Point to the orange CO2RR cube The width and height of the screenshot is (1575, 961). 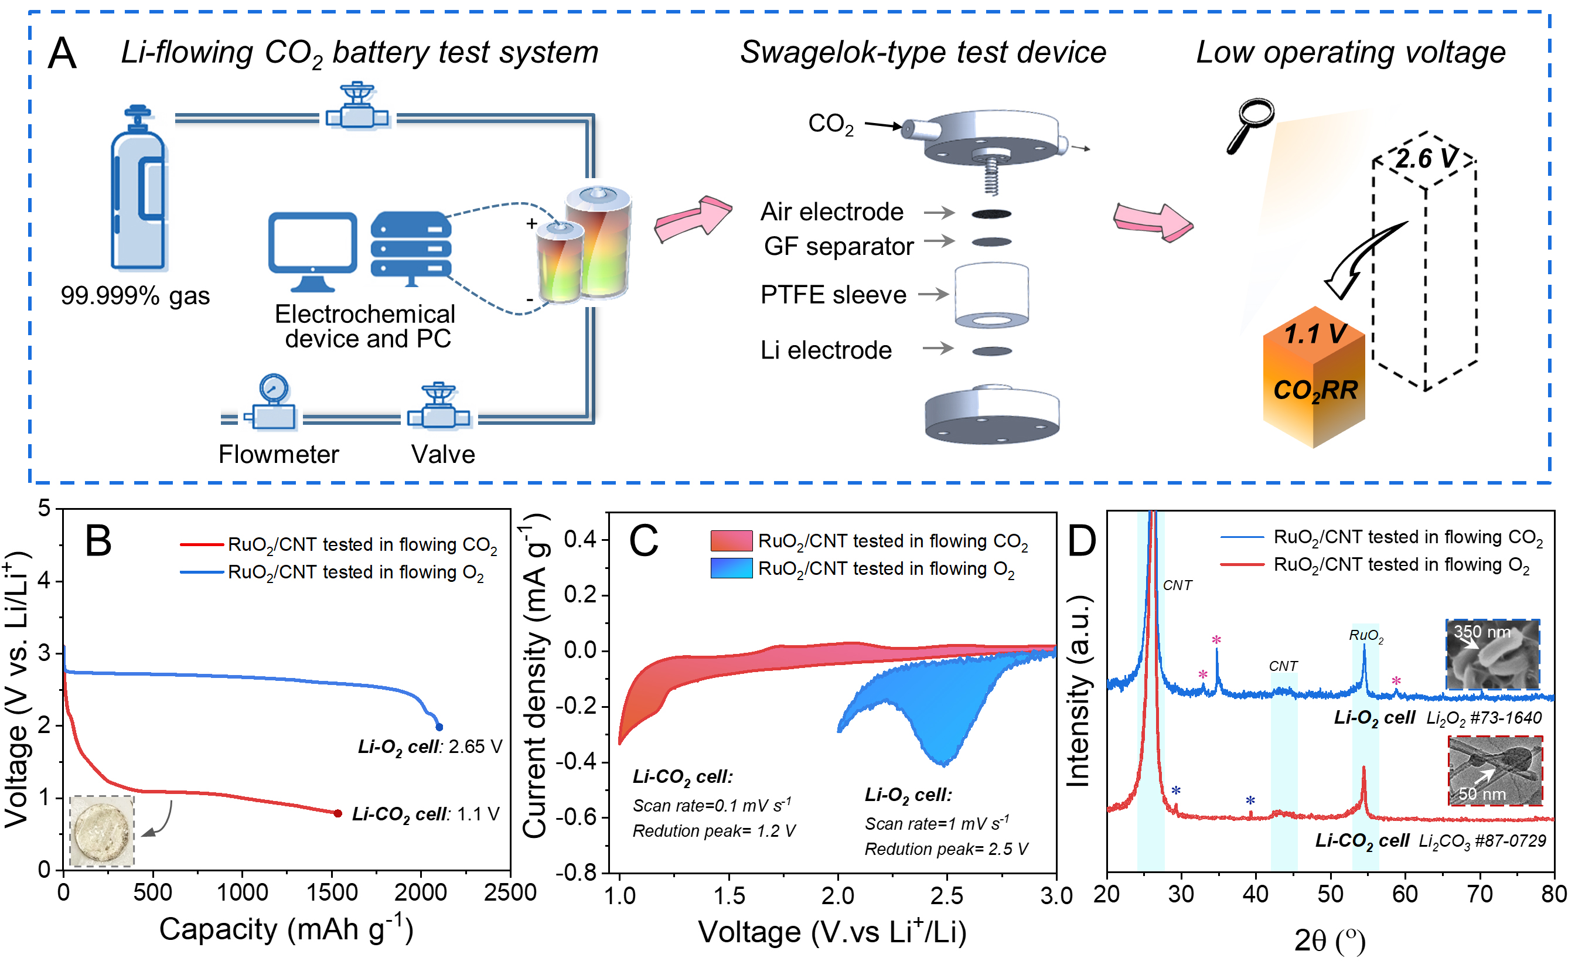pyautogui.click(x=1314, y=377)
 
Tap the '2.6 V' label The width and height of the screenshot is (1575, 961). pyautogui.click(x=1426, y=159)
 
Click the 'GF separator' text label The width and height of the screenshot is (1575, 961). pyautogui.click(x=838, y=246)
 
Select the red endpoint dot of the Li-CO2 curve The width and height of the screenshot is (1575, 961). pyautogui.click(x=337, y=813)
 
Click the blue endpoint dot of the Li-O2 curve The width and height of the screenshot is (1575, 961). pyautogui.click(x=439, y=727)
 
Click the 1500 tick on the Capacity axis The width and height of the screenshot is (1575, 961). pyautogui.click(x=332, y=892)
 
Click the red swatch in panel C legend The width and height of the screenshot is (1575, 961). pyautogui.click(x=731, y=541)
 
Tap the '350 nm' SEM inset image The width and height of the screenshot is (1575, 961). pyautogui.click(x=1492, y=653)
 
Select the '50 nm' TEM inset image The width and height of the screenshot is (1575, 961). pyautogui.click(x=1495, y=771)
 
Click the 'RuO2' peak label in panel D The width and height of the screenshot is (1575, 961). pyautogui.click(x=1366, y=636)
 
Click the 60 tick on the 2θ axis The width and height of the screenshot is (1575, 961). pyautogui.click(x=1405, y=893)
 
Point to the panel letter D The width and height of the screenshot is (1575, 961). pyautogui.click(x=1082, y=540)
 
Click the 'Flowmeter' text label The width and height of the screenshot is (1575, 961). pyautogui.click(x=279, y=454)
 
